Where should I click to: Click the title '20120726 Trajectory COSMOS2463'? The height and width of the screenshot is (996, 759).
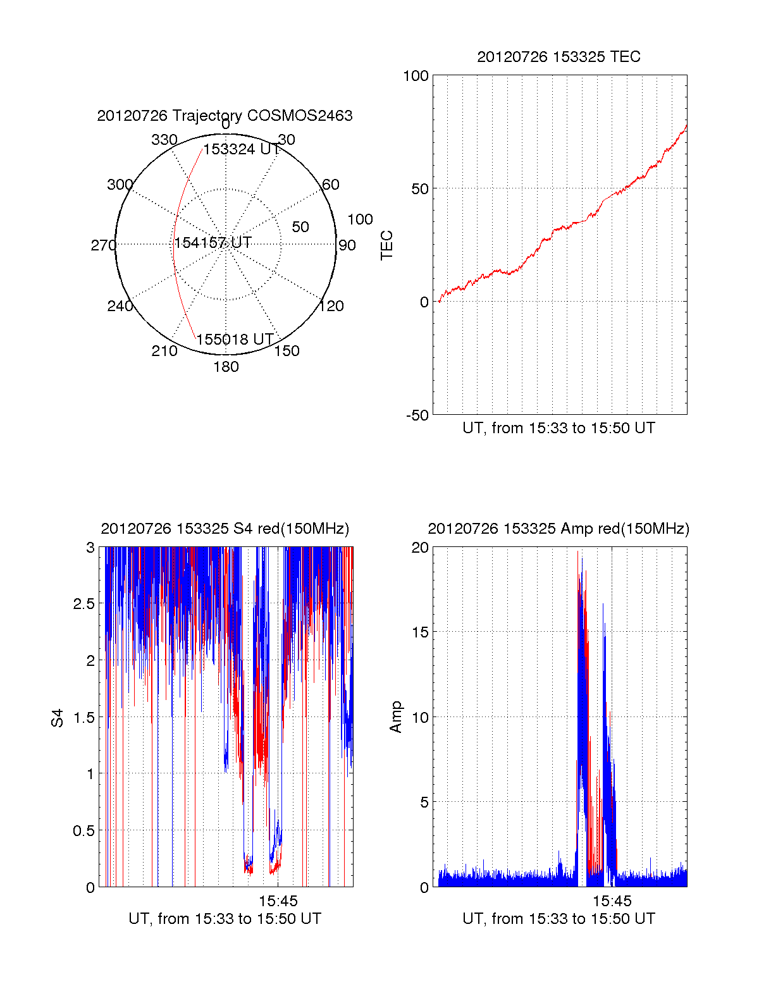[x=225, y=116]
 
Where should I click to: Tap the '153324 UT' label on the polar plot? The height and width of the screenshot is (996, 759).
[x=242, y=149]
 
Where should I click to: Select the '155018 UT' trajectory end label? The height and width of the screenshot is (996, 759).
[x=235, y=340]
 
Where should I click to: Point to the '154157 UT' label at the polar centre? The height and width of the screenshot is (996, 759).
[x=213, y=242]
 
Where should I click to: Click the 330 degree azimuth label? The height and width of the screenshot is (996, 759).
[x=164, y=140]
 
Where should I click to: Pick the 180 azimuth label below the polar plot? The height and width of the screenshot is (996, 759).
[x=226, y=367]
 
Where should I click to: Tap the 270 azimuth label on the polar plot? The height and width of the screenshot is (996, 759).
[x=103, y=245]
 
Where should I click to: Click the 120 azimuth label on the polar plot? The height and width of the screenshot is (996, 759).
[x=331, y=307]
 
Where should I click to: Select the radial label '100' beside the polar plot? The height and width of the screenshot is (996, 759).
[x=360, y=219]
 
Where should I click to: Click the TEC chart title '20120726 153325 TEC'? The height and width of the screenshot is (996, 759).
[x=558, y=57]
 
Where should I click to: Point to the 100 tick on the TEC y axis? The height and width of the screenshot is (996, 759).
[x=416, y=76]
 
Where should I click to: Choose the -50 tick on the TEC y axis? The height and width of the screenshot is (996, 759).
[x=417, y=415]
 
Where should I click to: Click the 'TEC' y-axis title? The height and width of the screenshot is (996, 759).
[x=386, y=245]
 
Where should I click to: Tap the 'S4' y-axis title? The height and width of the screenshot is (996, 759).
[x=58, y=718]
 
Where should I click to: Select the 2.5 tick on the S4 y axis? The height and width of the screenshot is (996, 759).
[x=84, y=604]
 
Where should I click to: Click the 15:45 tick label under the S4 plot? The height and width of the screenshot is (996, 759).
[x=278, y=901]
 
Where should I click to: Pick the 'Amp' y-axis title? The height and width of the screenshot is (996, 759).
[x=396, y=716]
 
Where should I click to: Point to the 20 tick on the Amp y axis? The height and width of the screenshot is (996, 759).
[x=420, y=548]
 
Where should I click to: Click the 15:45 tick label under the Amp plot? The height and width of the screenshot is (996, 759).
[x=612, y=901]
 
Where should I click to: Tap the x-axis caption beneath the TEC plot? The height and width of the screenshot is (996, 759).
[x=558, y=428]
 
